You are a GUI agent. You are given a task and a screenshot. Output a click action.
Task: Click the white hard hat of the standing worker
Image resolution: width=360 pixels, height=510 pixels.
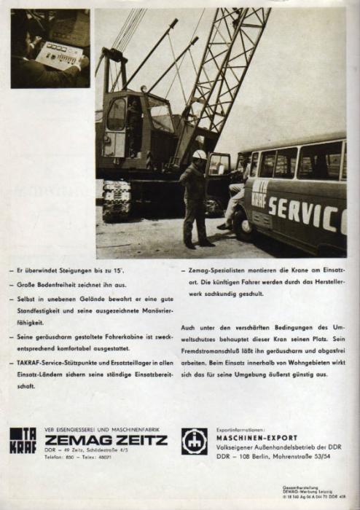click(x=199, y=154)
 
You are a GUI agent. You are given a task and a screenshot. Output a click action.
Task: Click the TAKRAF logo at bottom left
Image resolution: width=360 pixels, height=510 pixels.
click(x=23, y=440)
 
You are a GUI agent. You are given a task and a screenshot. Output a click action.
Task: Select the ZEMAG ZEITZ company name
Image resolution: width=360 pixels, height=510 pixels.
click(x=106, y=439)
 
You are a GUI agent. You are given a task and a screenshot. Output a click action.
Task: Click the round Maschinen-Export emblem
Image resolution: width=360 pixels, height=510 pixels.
click(x=195, y=441)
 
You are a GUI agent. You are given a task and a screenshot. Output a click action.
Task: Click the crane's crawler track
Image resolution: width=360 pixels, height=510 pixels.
click(x=116, y=201)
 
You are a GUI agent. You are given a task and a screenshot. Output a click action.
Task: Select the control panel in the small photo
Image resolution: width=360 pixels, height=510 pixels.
click(x=59, y=54)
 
